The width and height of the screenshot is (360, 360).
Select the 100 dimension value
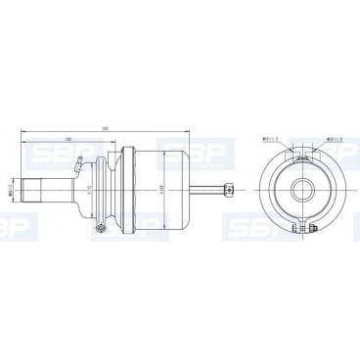click(x=67, y=138)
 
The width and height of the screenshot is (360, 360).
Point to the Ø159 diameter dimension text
click(x=159, y=187)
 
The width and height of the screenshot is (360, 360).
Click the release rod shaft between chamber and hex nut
click(x=208, y=187)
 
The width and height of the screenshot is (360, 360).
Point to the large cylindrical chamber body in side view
click(x=158, y=186)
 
